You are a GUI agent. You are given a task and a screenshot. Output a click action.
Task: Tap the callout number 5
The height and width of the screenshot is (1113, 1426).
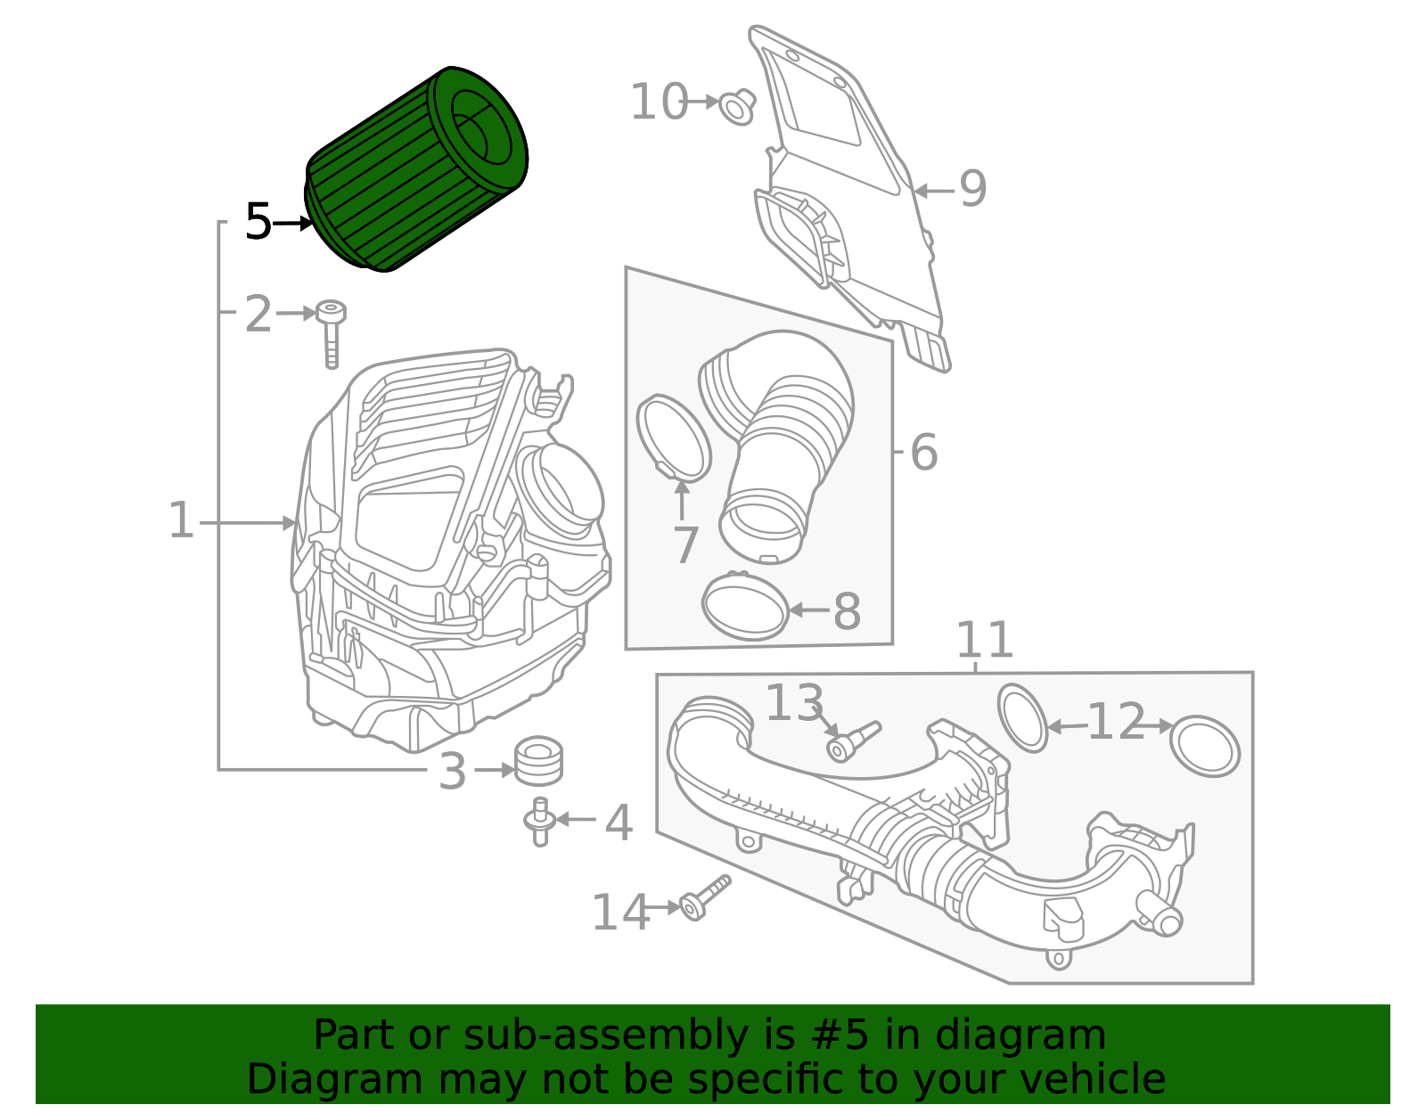pyautogui.click(x=258, y=221)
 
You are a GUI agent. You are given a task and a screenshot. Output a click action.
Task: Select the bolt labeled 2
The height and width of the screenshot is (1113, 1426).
pyautogui.click(x=331, y=335)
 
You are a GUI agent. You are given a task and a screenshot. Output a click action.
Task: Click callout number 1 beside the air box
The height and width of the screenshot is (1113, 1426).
pyautogui.click(x=181, y=520)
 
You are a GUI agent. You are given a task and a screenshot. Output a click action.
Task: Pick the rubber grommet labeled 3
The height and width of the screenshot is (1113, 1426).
pyautogui.click(x=538, y=760)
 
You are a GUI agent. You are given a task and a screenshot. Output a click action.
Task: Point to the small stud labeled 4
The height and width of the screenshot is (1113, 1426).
pyautogui.click(x=539, y=822)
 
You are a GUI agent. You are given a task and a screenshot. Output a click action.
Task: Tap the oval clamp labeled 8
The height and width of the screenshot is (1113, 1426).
pyautogui.click(x=745, y=606)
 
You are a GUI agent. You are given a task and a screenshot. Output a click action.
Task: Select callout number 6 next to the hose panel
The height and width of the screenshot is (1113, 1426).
pyautogui.click(x=924, y=452)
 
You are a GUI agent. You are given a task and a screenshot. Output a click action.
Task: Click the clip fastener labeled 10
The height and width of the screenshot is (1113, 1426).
pyautogui.click(x=736, y=106)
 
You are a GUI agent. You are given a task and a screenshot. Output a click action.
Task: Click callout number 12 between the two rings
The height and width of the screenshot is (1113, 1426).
pyautogui.click(x=1116, y=722)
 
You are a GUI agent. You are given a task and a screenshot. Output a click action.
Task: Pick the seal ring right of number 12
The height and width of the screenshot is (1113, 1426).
pyautogui.click(x=1204, y=746)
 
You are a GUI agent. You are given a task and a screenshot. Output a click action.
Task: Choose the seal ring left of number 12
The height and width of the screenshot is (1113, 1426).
pyautogui.click(x=1022, y=718)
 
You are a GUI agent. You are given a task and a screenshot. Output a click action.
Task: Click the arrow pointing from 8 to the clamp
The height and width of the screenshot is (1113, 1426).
pyautogui.click(x=809, y=610)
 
